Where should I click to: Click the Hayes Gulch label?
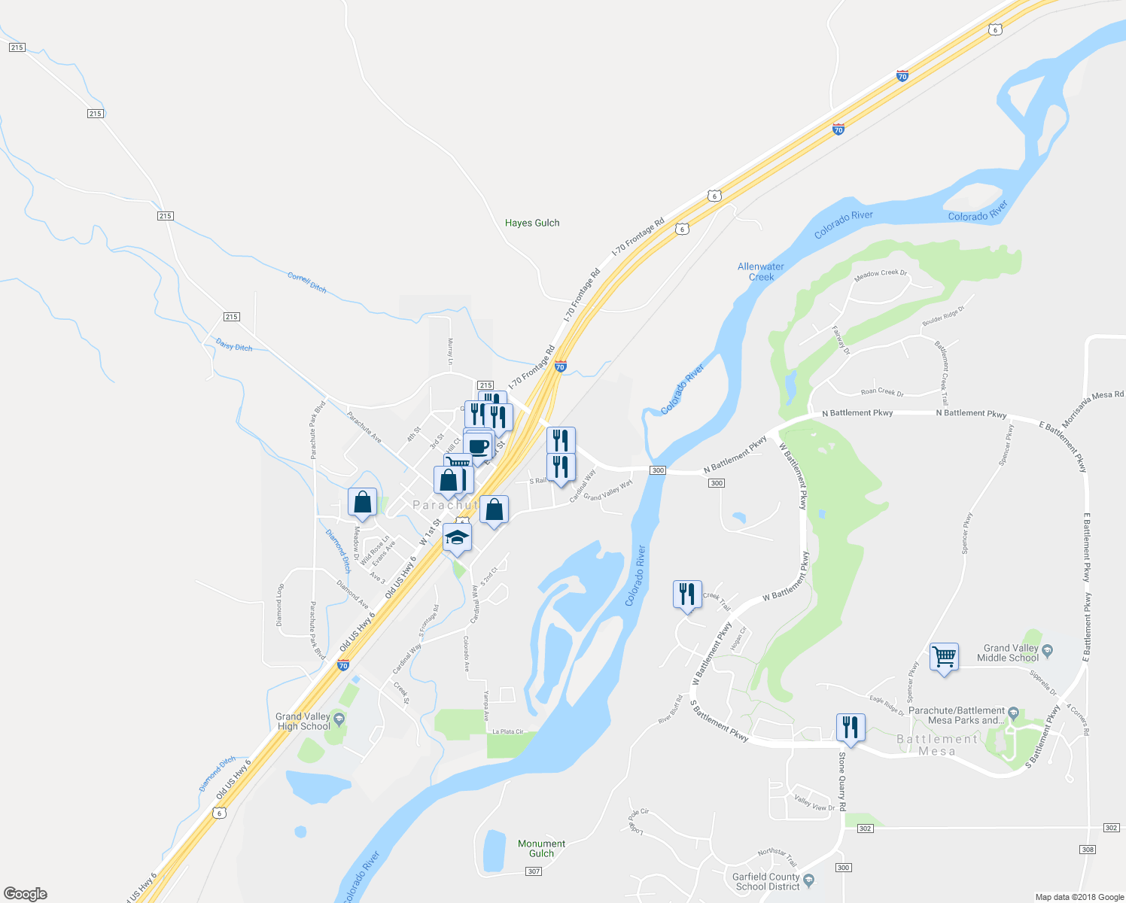click(532, 223)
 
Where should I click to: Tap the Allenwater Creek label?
click(761, 272)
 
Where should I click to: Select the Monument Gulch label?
click(541, 848)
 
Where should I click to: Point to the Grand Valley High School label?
click(303, 722)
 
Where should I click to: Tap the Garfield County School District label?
click(767, 881)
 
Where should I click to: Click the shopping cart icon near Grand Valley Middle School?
click(944, 657)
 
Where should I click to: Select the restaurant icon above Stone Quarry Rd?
click(851, 727)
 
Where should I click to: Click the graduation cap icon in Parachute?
click(457, 538)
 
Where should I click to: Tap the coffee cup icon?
click(479, 446)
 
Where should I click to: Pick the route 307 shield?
click(534, 871)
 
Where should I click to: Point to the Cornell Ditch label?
click(307, 282)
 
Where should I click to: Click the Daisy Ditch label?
click(234, 345)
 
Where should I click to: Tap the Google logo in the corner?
click(25, 893)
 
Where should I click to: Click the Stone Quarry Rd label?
click(842, 781)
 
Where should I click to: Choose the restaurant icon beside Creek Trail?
click(686, 594)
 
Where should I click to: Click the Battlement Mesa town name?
click(937, 745)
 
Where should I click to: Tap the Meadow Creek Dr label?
click(881, 275)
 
